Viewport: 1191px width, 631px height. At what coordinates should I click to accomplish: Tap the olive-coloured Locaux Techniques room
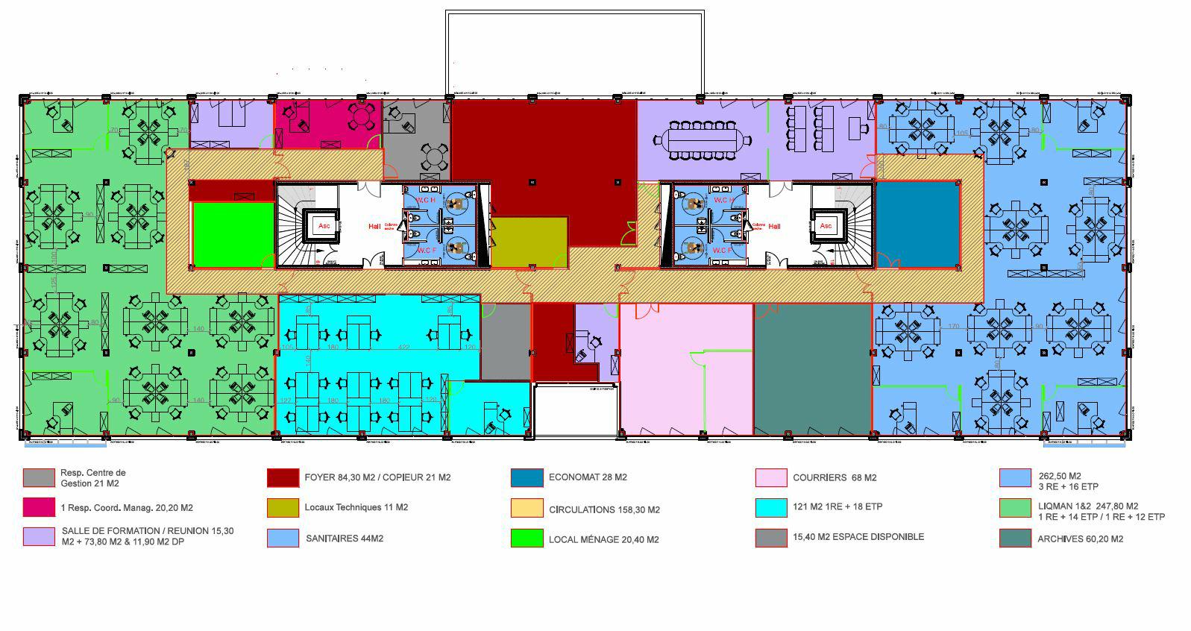pos(529,242)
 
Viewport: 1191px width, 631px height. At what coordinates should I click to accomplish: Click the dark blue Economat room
pos(917,225)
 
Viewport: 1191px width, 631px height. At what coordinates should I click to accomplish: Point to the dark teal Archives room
pos(812,369)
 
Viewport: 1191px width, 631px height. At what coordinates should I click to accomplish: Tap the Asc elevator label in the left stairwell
pos(324,225)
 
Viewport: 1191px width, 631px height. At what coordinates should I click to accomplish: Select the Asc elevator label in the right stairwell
pos(825,225)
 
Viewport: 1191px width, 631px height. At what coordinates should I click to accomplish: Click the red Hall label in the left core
pos(374,226)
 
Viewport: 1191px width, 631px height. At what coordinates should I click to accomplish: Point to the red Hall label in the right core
pos(774,226)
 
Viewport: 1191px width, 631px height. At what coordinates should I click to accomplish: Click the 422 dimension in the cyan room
pos(403,347)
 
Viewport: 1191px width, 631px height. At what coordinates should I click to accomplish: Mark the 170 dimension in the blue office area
pos(953,327)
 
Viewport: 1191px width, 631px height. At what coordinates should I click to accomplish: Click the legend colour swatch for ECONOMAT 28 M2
pos(527,477)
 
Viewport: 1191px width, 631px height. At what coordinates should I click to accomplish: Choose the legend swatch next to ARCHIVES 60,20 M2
pos(1015,539)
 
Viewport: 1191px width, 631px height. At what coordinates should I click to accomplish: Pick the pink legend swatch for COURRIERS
pos(771,477)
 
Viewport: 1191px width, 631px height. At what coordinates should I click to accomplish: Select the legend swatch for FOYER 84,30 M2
pos(283,477)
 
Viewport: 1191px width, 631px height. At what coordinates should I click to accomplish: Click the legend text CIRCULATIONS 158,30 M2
pos(604,510)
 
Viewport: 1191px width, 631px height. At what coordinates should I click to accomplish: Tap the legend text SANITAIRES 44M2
pos(344,538)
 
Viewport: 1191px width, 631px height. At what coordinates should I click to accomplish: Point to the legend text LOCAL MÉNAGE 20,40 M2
pos(603,539)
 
